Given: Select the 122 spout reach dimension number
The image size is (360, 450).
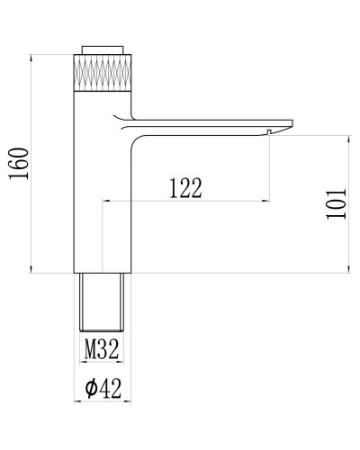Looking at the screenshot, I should [184, 187].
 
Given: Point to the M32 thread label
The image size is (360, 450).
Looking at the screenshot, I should [102, 348].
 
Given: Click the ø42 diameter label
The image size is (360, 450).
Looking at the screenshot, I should [103, 389].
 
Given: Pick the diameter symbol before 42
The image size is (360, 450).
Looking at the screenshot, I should [90, 390].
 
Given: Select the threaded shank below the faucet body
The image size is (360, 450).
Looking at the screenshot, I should [102, 301].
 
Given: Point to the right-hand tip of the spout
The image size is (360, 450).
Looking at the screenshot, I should [292, 122].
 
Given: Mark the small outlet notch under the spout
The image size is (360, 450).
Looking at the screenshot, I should [269, 132].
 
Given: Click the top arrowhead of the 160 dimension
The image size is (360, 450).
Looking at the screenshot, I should [34, 58].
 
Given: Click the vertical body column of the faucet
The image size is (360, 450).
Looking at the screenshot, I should [102, 180].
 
